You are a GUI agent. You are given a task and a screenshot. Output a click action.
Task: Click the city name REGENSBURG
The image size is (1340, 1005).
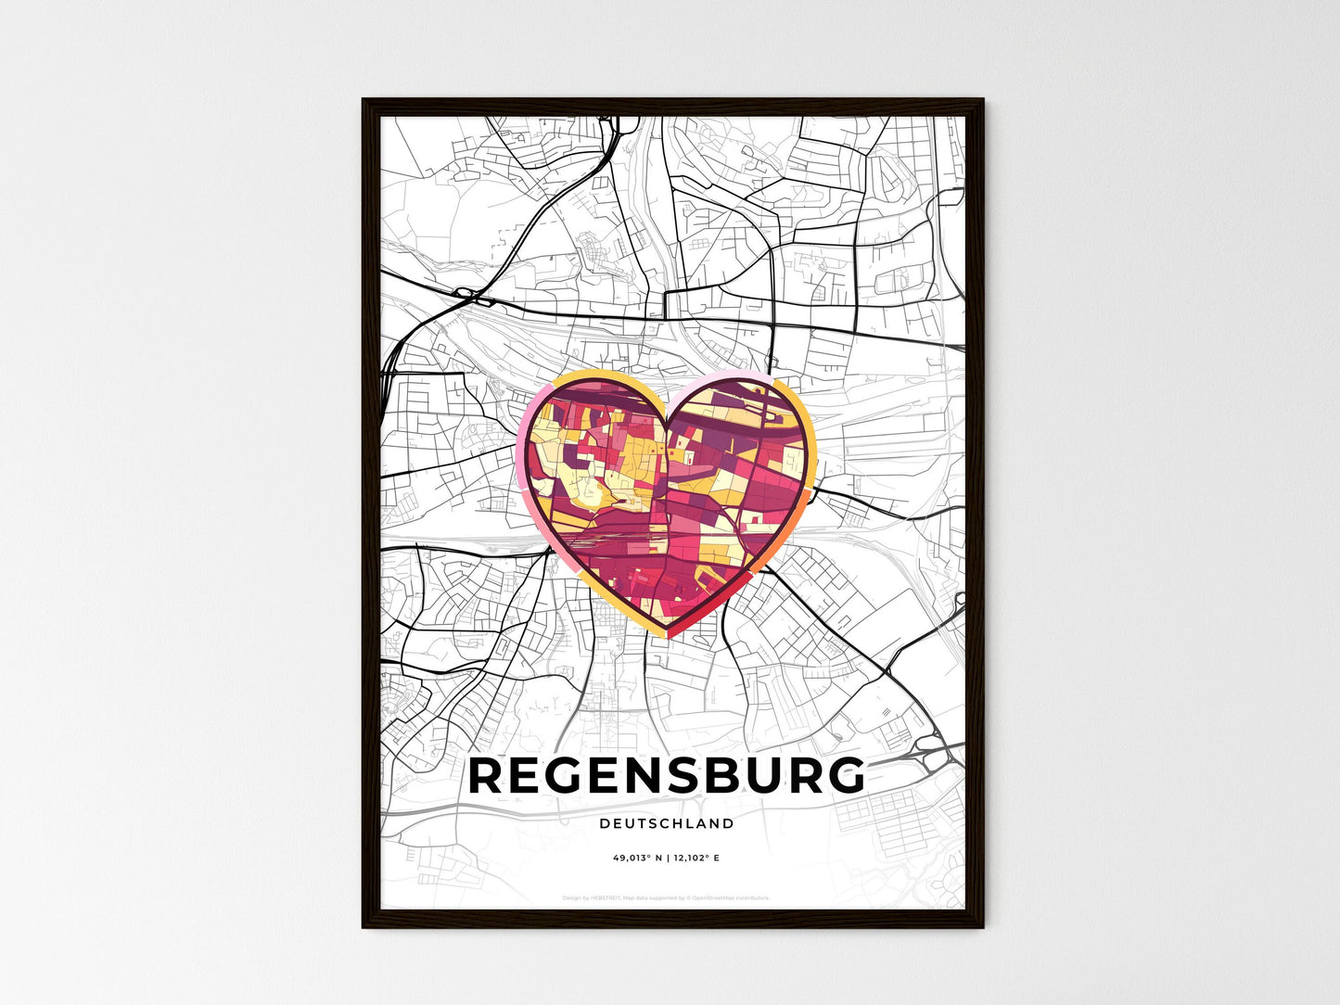667,777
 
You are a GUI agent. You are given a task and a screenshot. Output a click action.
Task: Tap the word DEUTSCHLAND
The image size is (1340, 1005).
667,823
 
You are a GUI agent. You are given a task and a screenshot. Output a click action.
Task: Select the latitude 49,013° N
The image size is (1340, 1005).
638,859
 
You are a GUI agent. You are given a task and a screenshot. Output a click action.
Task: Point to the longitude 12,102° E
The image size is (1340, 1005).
696,859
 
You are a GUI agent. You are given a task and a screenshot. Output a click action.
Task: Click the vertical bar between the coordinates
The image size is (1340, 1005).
668,859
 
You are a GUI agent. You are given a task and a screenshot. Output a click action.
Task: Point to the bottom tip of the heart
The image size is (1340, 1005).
669,635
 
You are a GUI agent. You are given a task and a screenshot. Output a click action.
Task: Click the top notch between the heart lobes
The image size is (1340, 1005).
667,414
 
